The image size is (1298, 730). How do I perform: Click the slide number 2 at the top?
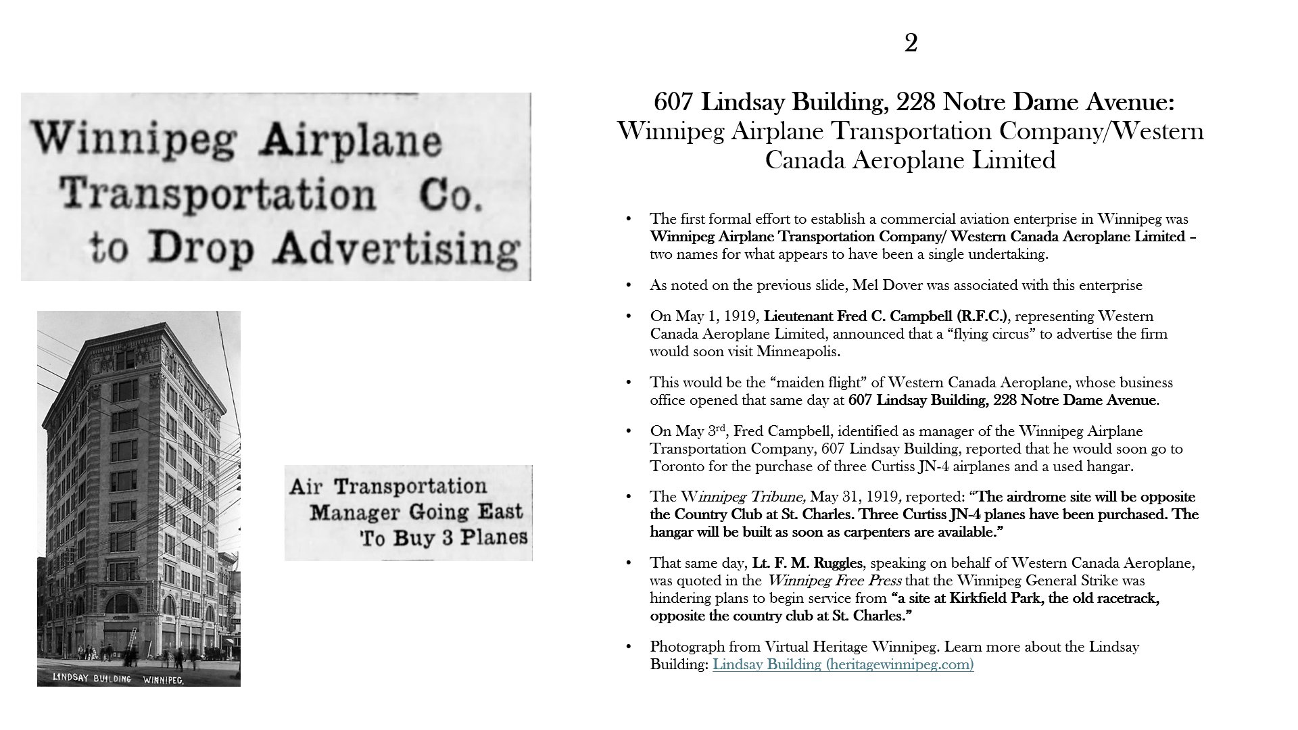911,44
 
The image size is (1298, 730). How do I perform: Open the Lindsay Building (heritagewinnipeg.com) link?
843,664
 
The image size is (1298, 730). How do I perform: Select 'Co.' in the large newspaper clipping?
450,195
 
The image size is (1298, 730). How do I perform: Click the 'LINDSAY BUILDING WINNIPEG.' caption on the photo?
118,679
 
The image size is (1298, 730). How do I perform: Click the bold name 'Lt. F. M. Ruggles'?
807,563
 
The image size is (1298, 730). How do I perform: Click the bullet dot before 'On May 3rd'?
629,431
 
